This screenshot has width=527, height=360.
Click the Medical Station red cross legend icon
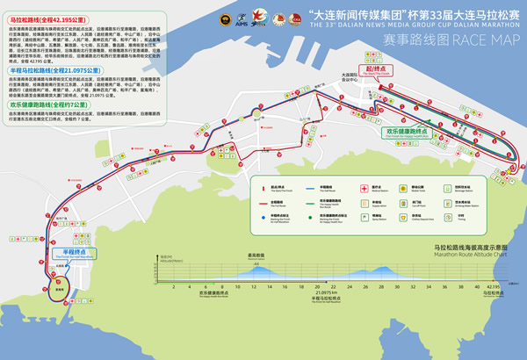coord(364,187)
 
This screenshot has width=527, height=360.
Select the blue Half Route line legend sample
coord(312,187)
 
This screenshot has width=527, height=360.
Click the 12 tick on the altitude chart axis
coord(254,287)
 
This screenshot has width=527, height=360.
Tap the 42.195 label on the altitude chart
coord(494,287)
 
